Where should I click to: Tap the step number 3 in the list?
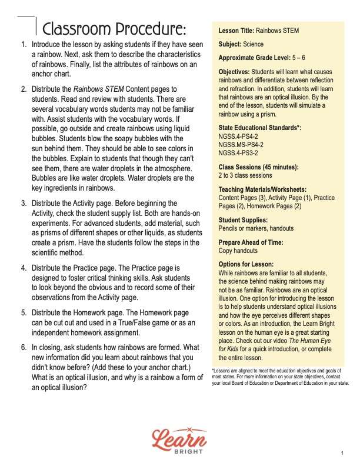pyautogui.click(x=23, y=203)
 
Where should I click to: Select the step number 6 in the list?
pyautogui.click(x=23, y=347)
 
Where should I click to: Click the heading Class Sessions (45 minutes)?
pyautogui.click(x=258, y=167)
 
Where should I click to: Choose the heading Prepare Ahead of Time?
pyautogui.click(x=251, y=242)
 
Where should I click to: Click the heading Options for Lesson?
pyautogui.click(x=246, y=265)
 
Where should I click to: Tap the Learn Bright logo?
pyautogui.click(x=179, y=439)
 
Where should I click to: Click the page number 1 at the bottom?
pyautogui.click(x=341, y=453)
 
